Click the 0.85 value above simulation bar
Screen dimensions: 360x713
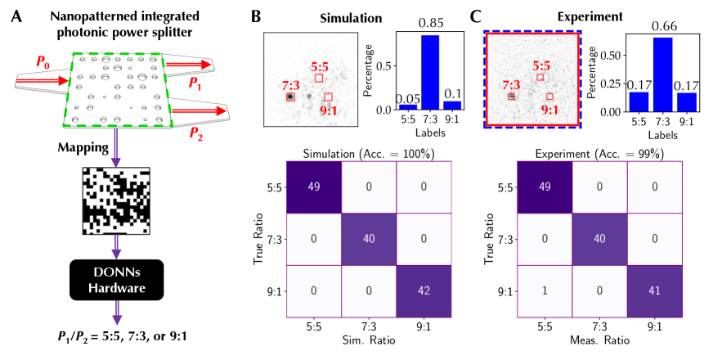429,14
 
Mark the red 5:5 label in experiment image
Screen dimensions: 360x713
541,65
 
